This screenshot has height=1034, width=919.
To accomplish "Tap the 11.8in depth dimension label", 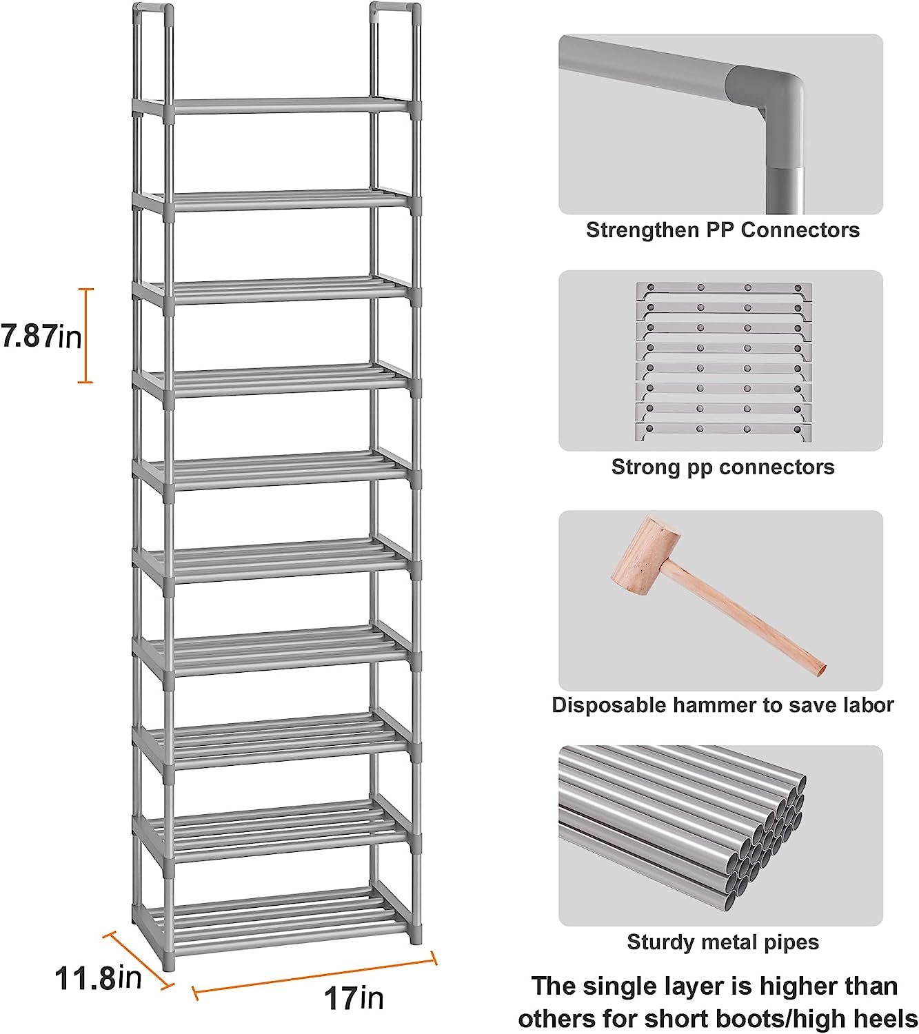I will (99, 977).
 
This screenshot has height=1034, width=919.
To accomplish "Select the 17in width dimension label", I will (354, 997).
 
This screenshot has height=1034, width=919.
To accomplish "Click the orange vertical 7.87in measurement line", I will (85, 335).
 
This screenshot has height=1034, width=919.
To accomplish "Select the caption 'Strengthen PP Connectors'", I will (723, 230).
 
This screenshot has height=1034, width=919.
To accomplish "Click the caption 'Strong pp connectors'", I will (723, 467).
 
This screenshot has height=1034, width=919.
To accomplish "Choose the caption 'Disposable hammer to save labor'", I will (723, 704).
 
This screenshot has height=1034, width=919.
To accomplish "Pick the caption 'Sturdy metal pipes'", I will (723, 942).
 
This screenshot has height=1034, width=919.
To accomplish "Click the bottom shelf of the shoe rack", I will (276, 913).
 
